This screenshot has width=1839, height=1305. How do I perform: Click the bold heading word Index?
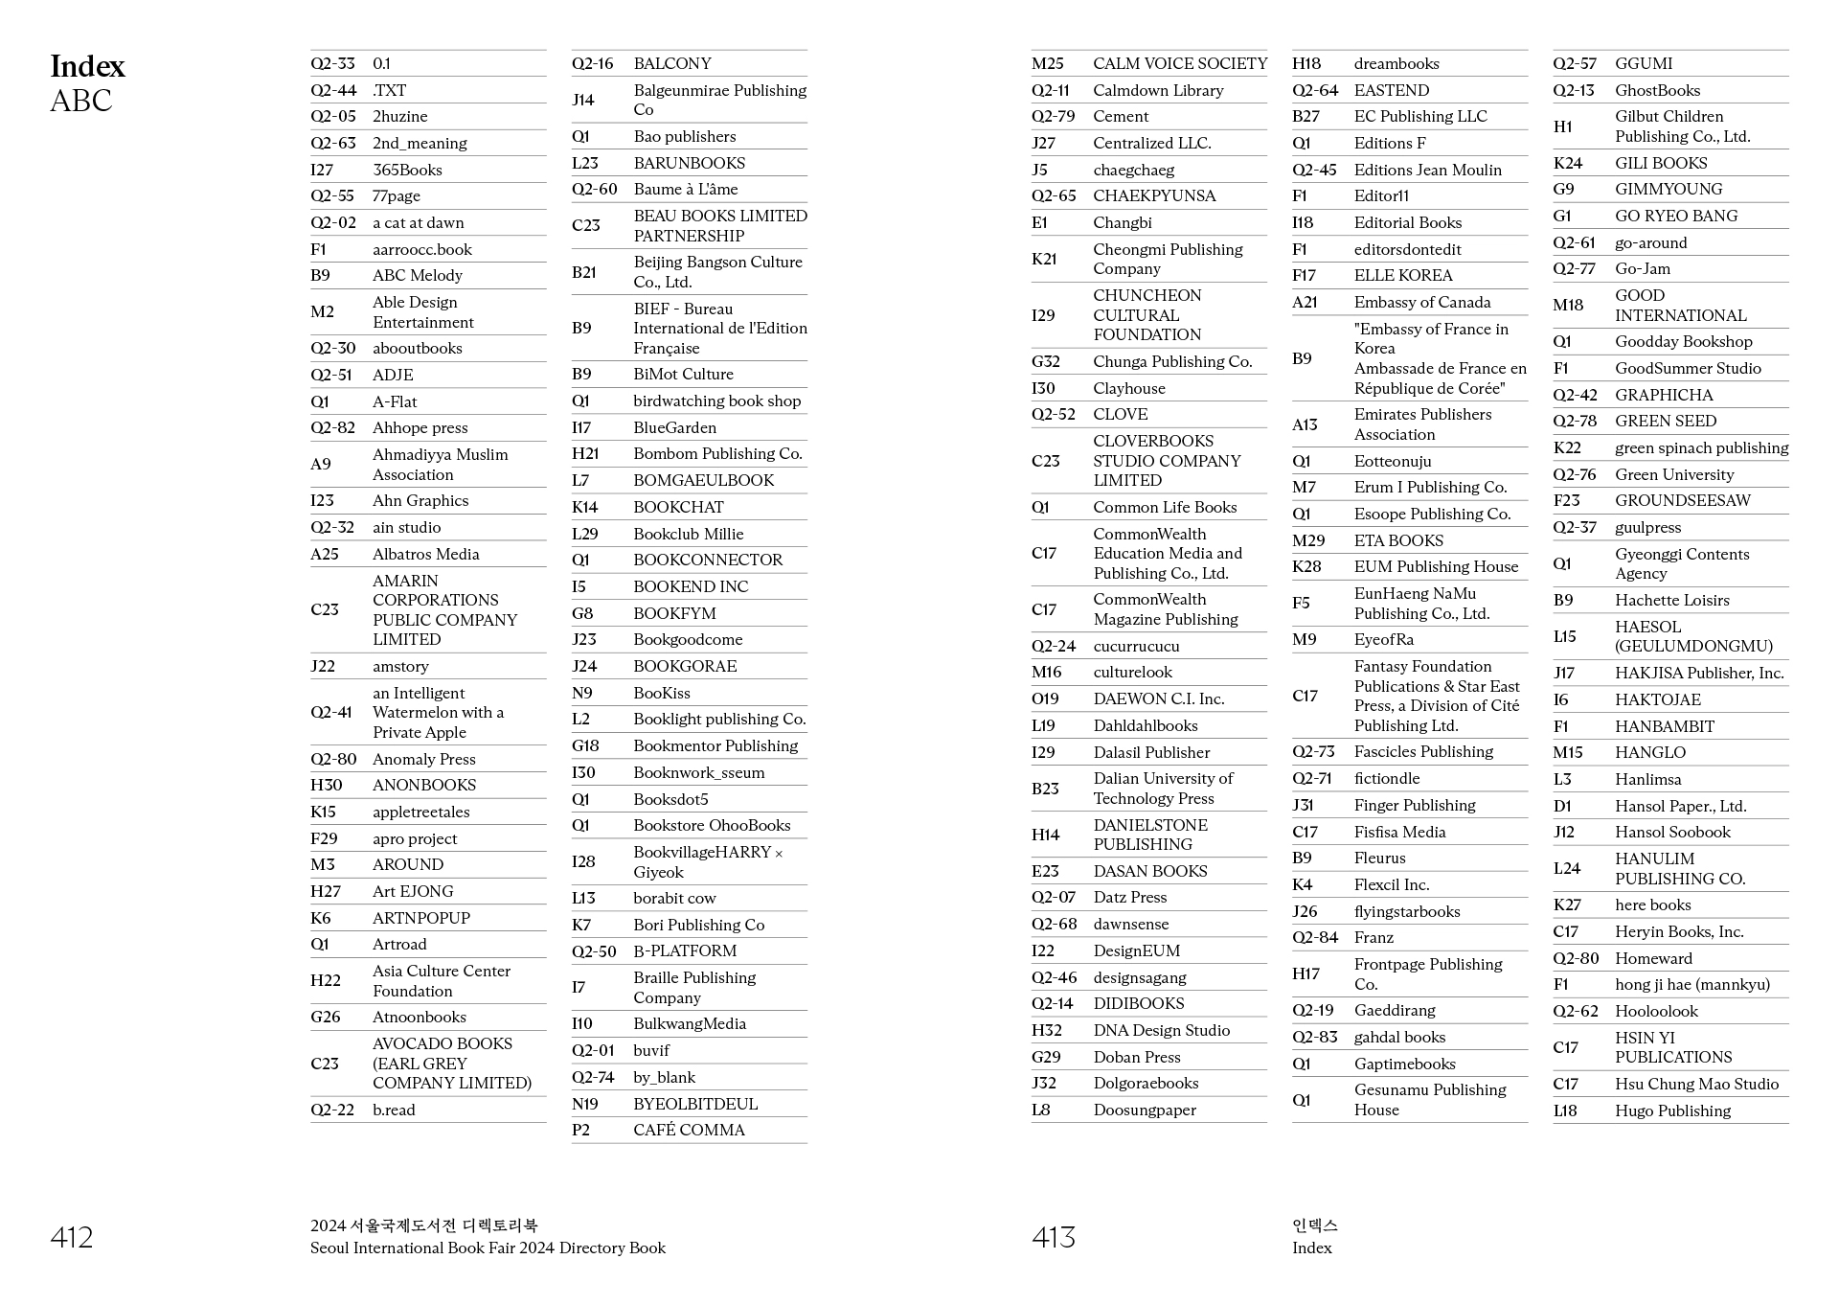[x=87, y=66]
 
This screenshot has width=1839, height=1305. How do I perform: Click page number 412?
[x=72, y=1237]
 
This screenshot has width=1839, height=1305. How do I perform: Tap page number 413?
[x=1053, y=1237]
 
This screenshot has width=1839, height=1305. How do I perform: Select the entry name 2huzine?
[x=399, y=117]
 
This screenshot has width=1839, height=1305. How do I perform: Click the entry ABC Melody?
[x=417, y=276]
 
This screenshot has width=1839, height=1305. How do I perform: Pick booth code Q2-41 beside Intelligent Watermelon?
[x=330, y=712]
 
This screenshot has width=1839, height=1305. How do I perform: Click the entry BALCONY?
[x=671, y=64]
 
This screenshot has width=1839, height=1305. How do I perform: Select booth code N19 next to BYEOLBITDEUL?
[x=584, y=1104]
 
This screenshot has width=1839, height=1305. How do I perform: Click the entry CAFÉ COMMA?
[x=689, y=1131]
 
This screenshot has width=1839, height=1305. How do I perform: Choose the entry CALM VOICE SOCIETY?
[x=1179, y=64]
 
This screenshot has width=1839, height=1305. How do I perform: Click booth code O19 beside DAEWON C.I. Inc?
[x=1045, y=699]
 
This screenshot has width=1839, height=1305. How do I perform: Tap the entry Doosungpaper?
[x=1145, y=1110]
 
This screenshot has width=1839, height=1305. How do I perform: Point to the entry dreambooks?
[x=1396, y=64]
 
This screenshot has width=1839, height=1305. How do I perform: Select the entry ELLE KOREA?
[x=1402, y=276]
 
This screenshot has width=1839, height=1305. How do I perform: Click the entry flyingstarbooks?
[x=1406, y=911]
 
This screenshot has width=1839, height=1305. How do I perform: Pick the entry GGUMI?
[x=1643, y=64]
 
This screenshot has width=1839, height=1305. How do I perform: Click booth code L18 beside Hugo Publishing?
[x=1564, y=1110]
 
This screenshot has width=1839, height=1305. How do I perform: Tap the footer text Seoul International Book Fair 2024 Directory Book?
[x=488, y=1248]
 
